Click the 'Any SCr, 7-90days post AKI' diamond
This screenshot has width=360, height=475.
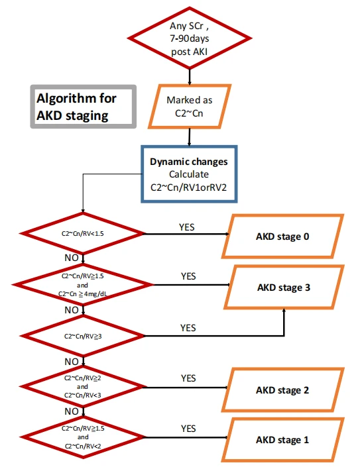190,38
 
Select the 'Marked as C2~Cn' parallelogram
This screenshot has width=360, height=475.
190,107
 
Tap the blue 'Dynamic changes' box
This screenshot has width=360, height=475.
189,174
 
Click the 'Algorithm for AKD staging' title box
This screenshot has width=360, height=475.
83,107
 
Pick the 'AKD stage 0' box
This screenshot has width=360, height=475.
282,237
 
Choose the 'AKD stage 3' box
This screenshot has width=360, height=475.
284,287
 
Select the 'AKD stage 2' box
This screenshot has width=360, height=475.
282,390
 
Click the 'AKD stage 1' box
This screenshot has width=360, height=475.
282,440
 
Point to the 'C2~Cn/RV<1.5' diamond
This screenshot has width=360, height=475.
82,234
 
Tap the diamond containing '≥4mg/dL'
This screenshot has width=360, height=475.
82,285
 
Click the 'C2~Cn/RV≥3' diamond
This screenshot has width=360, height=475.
83,336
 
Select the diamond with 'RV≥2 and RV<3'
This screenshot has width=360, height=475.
82,386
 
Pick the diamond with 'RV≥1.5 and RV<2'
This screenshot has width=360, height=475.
82,437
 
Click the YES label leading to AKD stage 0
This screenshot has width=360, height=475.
186,227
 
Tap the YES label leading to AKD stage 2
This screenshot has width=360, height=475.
188,378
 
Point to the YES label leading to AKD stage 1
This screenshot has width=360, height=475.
188,429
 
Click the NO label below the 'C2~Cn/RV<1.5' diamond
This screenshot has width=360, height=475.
72,258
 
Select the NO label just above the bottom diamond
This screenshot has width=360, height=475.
72,411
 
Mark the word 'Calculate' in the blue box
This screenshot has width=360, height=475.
189,174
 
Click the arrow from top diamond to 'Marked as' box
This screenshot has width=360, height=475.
190,77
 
